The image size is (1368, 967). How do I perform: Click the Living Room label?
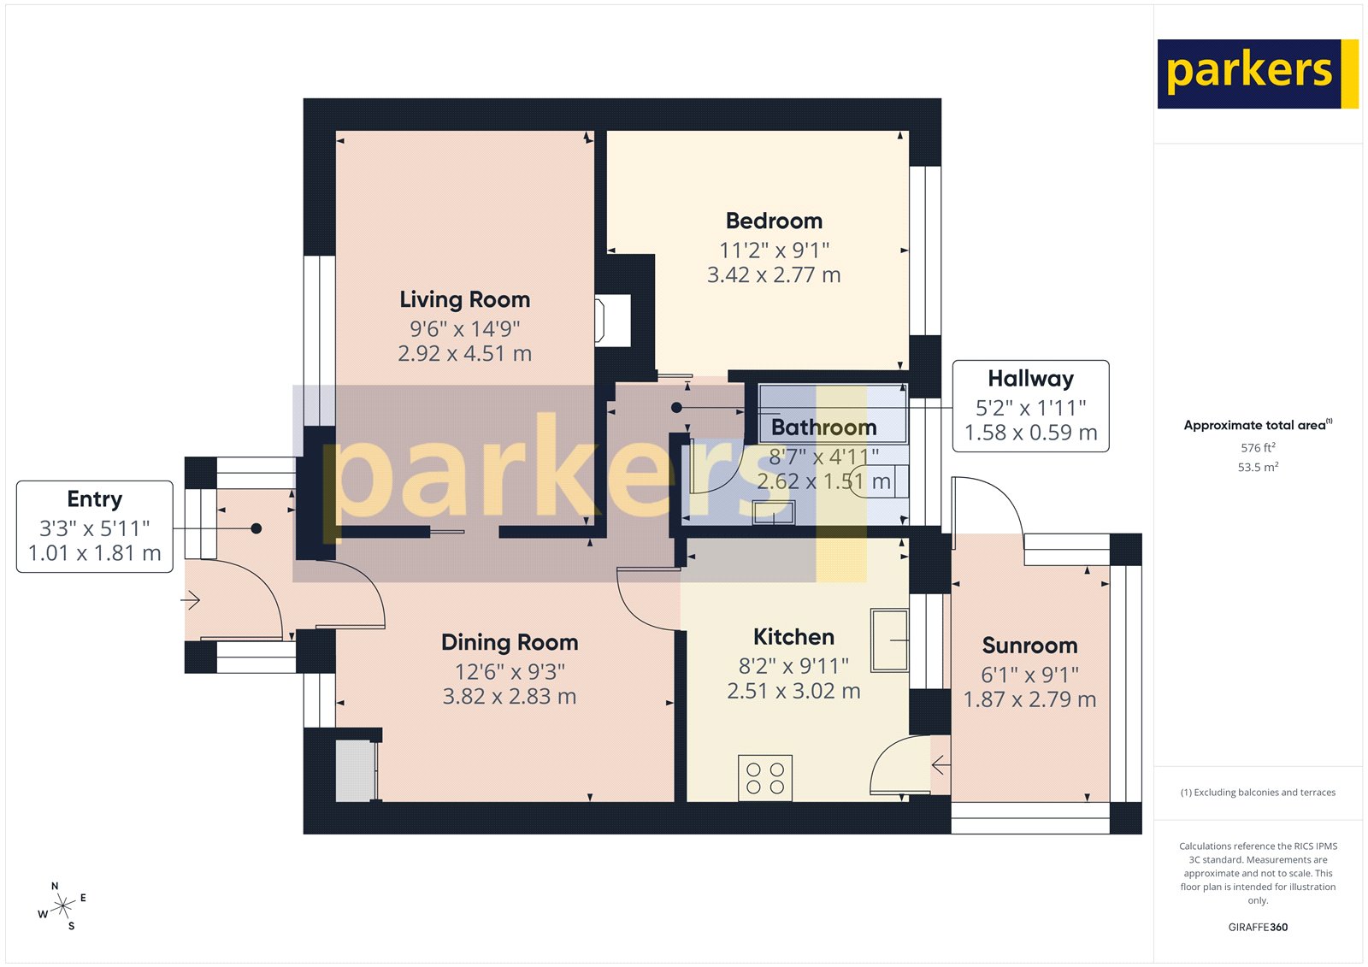(x=464, y=299)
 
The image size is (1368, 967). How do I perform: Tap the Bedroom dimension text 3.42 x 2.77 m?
(x=774, y=275)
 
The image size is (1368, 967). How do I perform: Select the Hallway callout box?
(x=1030, y=406)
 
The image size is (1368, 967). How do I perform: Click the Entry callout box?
(x=94, y=527)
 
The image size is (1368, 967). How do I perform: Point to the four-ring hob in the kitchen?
(x=765, y=778)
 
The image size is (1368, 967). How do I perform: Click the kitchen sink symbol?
(x=889, y=640)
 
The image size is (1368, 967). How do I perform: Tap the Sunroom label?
(x=1029, y=646)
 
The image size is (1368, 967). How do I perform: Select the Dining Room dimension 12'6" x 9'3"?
(x=510, y=672)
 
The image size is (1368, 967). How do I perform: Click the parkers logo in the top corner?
(x=1257, y=74)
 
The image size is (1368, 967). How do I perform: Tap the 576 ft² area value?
(x=1258, y=448)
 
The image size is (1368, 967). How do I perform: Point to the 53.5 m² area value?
(x=1258, y=468)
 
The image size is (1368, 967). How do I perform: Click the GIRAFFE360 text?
(x=1258, y=927)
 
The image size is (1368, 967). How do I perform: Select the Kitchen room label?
(x=793, y=637)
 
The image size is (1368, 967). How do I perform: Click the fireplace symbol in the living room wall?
(x=612, y=321)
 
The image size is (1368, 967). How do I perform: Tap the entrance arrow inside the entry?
(x=190, y=600)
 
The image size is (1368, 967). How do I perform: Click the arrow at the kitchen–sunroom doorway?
(x=940, y=764)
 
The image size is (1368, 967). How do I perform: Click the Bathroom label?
(x=823, y=427)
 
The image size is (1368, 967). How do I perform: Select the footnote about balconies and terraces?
(x=1258, y=793)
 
